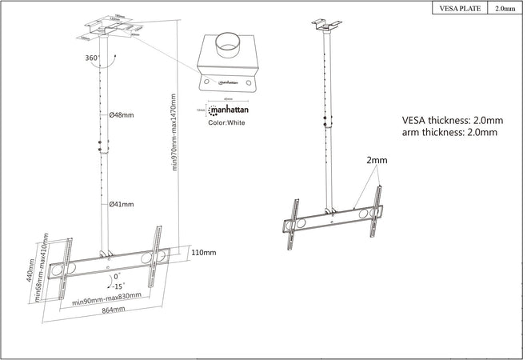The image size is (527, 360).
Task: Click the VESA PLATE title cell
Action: point(460,9)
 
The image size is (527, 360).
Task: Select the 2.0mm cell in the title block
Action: point(505,9)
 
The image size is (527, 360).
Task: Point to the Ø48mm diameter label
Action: point(122,115)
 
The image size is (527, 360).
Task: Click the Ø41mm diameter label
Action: point(122,205)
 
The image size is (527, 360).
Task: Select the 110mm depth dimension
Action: point(204,253)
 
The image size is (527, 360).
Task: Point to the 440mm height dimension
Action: point(30,270)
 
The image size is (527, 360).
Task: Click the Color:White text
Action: point(227,123)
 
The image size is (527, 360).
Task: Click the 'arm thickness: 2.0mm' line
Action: point(449,132)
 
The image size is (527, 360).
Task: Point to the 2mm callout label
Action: point(377,161)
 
